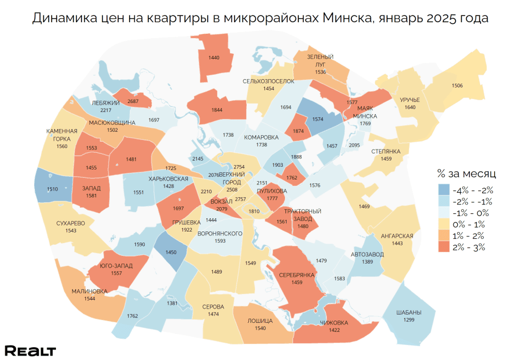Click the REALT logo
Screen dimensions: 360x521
pos(30,351)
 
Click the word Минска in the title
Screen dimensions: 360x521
pos(346,18)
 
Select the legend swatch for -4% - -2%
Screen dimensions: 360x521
pos(442,189)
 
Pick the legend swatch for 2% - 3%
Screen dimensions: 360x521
pos(442,248)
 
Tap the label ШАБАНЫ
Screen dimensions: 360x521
pos(409,312)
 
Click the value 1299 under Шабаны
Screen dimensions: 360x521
pos(409,320)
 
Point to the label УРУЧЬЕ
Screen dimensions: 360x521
pos(410,100)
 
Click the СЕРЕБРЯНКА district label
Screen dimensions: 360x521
pos(297,275)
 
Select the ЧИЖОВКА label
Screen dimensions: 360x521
pos(334,323)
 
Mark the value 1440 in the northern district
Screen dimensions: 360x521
pos(214,58)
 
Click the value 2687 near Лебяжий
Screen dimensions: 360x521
pos(133,101)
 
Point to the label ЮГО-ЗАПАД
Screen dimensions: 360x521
pos(116,266)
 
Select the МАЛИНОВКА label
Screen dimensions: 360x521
pos(90,291)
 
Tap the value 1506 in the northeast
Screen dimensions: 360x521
pos(457,85)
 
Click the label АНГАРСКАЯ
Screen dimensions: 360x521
pos(397,236)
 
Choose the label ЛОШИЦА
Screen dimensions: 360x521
pos(259,321)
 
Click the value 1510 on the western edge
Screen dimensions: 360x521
pos(52,189)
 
